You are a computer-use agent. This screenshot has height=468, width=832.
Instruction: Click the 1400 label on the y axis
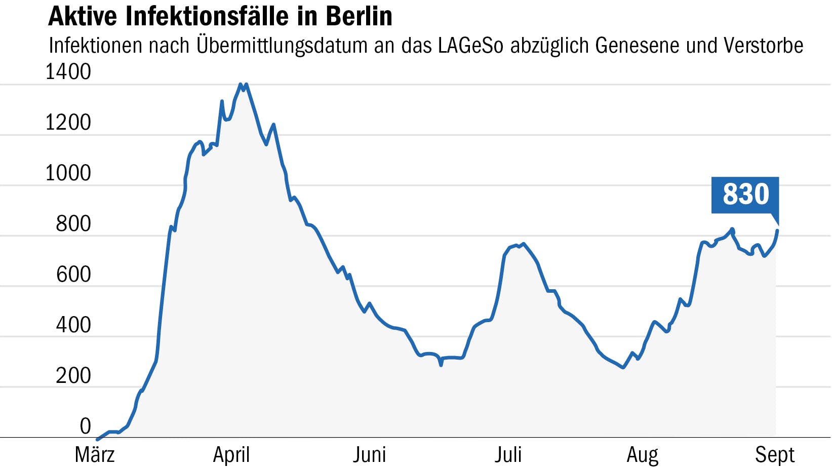[68, 72]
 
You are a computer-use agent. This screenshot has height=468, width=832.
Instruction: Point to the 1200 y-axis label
[68, 123]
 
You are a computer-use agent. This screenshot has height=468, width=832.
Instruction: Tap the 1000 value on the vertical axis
[68, 173]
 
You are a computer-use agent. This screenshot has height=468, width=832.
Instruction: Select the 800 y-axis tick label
[73, 224]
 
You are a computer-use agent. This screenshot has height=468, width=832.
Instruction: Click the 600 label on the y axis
[73, 275]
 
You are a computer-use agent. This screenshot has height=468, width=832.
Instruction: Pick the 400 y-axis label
[73, 325]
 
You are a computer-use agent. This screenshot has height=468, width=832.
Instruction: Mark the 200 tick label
[73, 376]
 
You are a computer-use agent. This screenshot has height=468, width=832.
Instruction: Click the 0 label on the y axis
[85, 426]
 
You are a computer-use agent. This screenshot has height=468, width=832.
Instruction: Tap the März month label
[95, 455]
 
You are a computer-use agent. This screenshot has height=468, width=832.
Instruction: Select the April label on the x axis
[231, 455]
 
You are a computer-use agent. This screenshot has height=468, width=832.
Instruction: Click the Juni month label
[370, 455]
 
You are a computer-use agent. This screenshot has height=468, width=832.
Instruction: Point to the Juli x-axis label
[508, 455]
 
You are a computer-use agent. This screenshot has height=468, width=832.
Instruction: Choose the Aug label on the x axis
[643, 455]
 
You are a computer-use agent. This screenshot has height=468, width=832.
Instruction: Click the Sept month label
[775, 455]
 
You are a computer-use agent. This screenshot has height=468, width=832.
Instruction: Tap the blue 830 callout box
[745, 194]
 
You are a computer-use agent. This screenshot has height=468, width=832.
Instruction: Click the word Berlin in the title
[359, 16]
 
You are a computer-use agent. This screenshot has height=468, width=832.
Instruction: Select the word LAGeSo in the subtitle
[471, 46]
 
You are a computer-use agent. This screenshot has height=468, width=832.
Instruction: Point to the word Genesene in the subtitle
[638, 46]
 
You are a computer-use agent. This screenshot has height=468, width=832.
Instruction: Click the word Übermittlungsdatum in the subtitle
[282, 46]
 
